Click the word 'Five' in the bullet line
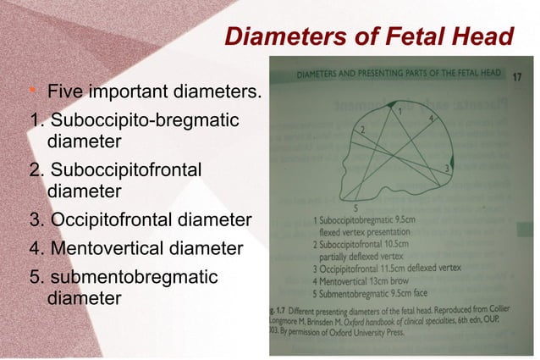63,91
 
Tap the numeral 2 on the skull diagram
362,130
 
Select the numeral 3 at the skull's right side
446,169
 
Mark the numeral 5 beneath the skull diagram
356,208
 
